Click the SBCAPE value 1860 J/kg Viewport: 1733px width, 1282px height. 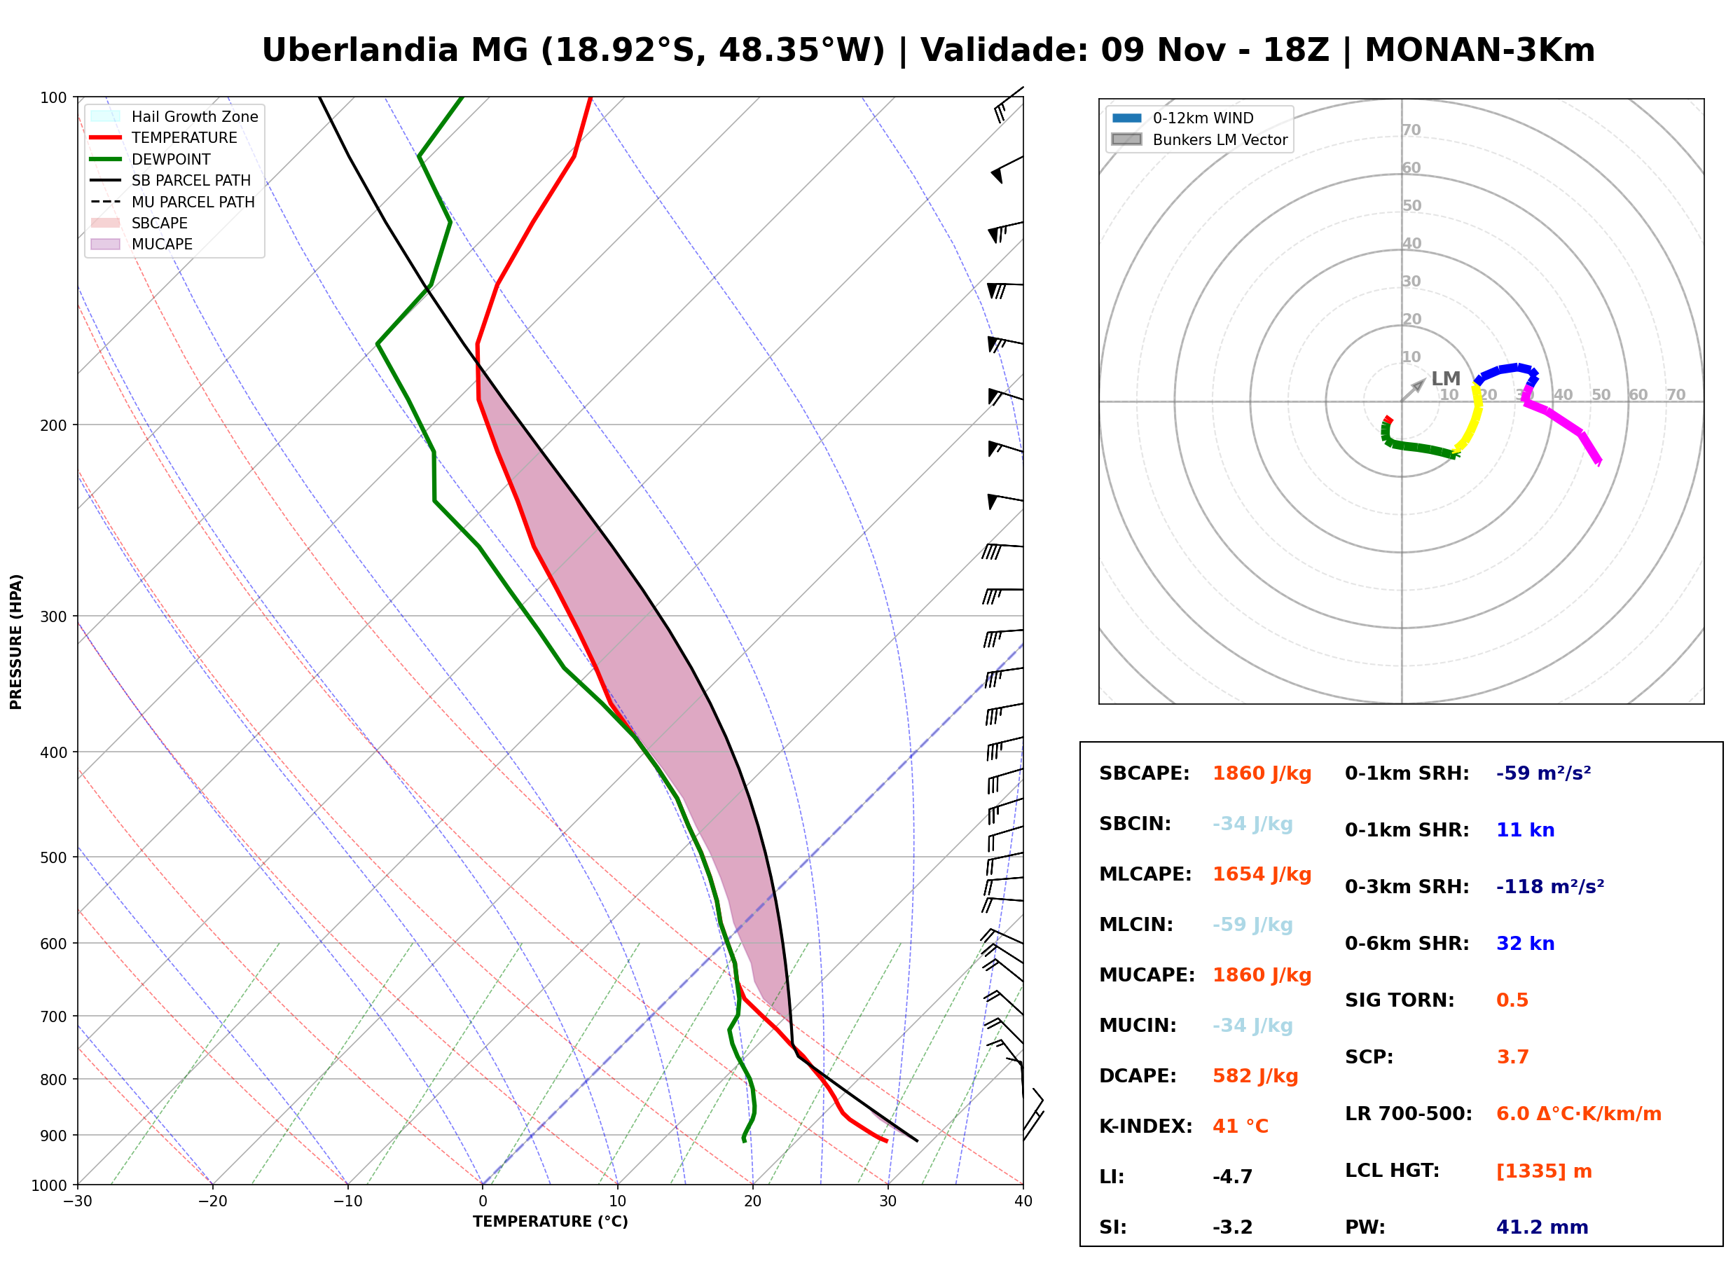pos(1262,773)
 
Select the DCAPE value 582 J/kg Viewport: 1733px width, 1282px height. pos(1255,1076)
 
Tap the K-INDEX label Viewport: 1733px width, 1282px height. pos(1145,1126)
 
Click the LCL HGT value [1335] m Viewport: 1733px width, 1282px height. pos(1544,1171)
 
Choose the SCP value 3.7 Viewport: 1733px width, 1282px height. pos(1512,1057)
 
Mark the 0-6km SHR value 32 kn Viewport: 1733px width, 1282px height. pos(1525,944)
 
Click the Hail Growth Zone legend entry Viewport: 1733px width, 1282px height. pos(174,116)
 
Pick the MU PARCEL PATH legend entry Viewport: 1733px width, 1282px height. pos(172,202)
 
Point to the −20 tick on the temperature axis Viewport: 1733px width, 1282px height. pos(212,1201)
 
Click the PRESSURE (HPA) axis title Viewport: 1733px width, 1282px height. pos(16,642)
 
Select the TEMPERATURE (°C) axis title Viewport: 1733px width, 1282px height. pos(550,1222)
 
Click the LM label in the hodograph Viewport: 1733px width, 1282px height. pos(1446,379)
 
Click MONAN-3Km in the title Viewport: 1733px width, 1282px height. pos(1479,50)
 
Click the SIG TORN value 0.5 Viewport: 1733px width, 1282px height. pos(1512,1000)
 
